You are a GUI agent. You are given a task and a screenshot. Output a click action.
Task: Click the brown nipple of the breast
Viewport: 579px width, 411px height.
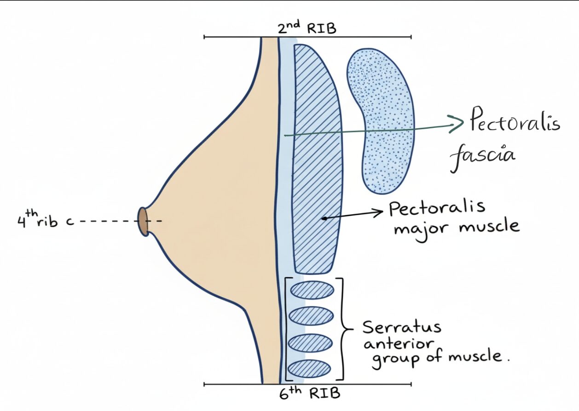pyautogui.click(x=143, y=222)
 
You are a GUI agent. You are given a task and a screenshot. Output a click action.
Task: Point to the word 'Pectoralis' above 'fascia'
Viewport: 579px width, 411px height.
pyautogui.click(x=514, y=123)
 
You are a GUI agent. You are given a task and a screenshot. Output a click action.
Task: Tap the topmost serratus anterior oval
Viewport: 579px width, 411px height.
pyautogui.click(x=312, y=290)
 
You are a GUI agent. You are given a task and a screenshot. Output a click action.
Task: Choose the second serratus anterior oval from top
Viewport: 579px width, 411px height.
pyautogui.click(x=311, y=316)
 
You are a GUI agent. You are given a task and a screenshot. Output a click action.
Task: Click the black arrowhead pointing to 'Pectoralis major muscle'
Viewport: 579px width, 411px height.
pyautogui.click(x=378, y=212)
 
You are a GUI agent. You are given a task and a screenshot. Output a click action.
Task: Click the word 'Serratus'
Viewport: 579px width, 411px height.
pyautogui.click(x=401, y=327)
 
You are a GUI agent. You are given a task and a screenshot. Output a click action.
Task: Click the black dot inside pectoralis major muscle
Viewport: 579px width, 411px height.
pyautogui.click(x=324, y=219)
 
